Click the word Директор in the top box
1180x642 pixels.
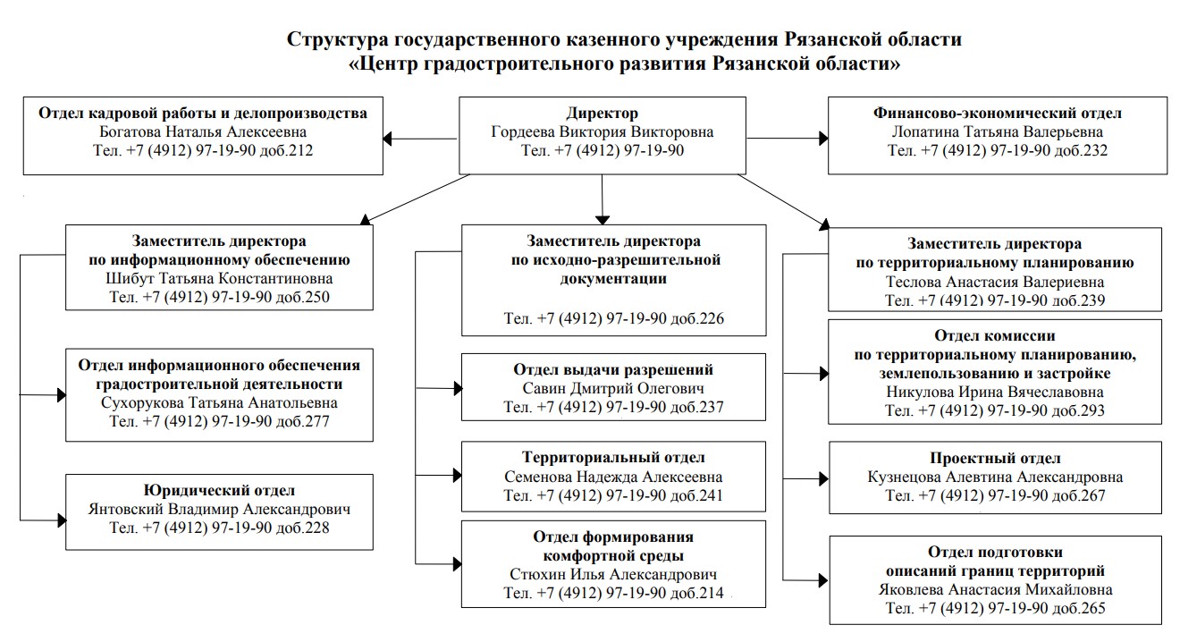point(602,114)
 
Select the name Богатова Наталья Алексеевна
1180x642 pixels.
point(203,132)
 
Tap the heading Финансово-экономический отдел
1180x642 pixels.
point(997,114)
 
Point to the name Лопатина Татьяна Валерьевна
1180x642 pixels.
point(997,132)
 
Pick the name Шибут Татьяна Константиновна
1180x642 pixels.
point(219,279)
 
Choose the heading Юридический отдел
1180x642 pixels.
point(219,490)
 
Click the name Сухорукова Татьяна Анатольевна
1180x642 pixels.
point(219,403)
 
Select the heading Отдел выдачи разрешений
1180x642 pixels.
point(613,369)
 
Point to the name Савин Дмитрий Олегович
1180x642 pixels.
point(613,388)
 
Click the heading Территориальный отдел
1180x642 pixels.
point(613,458)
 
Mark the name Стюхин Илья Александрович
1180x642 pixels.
point(613,574)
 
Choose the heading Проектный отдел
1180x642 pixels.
point(995,459)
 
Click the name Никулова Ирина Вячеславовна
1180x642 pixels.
point(995,393)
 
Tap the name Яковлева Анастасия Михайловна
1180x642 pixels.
point(995,589)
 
